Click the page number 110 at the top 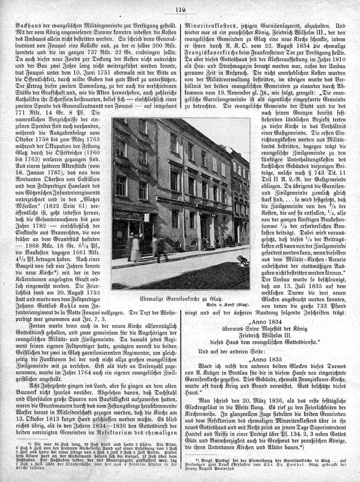point(180,10)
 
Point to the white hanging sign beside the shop point(146,218)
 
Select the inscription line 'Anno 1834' point(266,322)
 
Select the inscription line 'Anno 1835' point(266,359)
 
